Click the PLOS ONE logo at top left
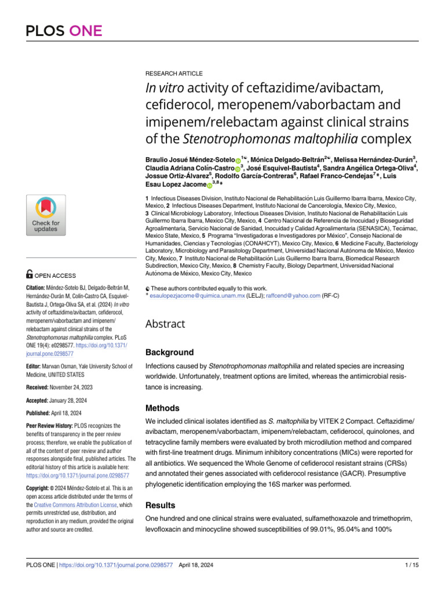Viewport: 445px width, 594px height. coord(64,31)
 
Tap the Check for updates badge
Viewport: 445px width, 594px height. coord(46,215)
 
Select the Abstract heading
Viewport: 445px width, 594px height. coord(165,324)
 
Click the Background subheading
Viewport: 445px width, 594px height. coord(169,352)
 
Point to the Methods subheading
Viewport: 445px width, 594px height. coord(163,408)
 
